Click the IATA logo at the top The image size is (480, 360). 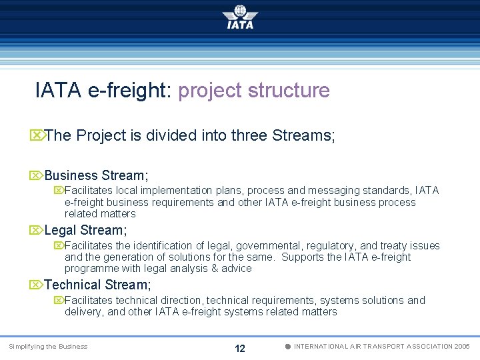pyautogui.click(x=240, y=17)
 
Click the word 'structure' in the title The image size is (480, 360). pyautogui.click(x=289, y=91)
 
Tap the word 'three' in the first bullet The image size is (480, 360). pyautogui.click(x=249, y=136)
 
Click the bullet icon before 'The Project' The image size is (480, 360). pyautogui.click(x=37, y=136)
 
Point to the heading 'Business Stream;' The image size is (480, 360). pyautogui.click(x=97, y=176)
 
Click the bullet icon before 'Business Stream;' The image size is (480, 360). pyautogui.click(x=37, y=176)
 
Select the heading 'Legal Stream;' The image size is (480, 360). pyautogui.click(x=85, y=231)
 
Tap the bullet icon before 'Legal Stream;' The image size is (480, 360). pyautogui.click(x=37, y=231)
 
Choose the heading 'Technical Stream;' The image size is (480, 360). pyautogui.click(x=98, y=285)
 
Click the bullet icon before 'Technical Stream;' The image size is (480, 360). pyautogui.click(x=37, y=285)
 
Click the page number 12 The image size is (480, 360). pyautogui.click(x=240, y=349)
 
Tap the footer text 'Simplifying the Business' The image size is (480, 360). pyautogui.click(x=48, y=347)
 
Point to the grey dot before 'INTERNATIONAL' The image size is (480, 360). pyautogui.click(x=287, y=347)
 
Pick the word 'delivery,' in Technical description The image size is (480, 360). pyautogui.click(x=84, y=312)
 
